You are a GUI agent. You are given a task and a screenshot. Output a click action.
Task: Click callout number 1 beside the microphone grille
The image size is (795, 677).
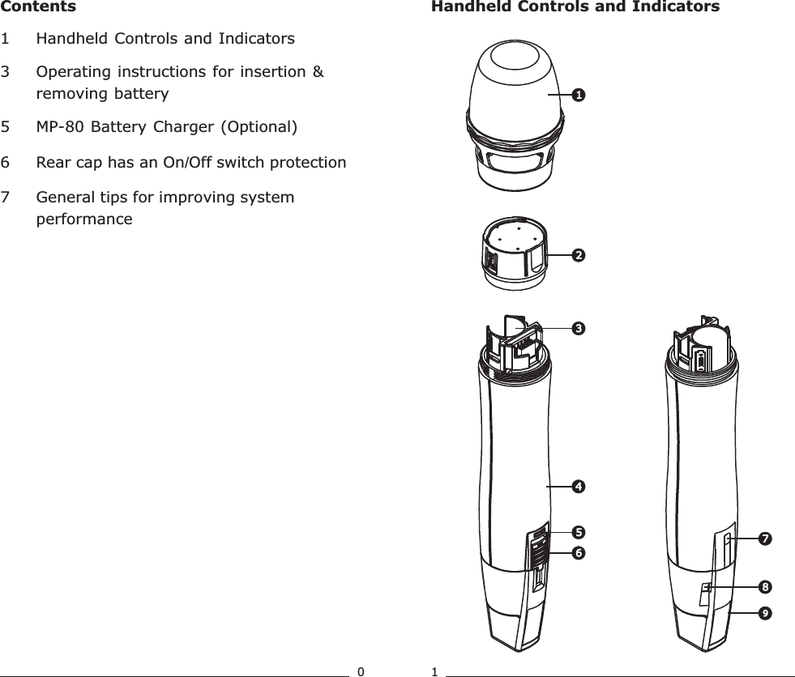[x=579, y=95]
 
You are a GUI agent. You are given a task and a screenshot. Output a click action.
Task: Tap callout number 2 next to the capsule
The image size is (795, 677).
[x=579, y=255]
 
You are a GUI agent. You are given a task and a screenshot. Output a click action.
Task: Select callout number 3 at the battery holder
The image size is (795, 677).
[x=579, y=328]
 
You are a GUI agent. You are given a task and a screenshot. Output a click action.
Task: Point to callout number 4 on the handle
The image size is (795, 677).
[x=579, y=487]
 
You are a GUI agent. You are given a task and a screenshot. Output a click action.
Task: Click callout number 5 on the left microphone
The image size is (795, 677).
[x=579, y=532]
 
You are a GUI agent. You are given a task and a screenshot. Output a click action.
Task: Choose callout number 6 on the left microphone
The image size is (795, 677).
[x=579, y=552]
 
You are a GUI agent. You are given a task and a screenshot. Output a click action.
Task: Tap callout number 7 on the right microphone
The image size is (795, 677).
[x=764, y=538]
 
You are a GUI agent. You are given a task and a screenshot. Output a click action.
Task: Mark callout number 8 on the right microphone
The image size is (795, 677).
[x=764, y=585]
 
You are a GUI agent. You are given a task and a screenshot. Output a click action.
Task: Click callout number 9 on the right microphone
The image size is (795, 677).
[x=764, y=614]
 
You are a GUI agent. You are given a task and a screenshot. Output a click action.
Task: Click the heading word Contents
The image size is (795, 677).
[x=38, y=7]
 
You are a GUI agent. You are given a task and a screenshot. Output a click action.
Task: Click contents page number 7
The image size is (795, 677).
[x=6, y=198]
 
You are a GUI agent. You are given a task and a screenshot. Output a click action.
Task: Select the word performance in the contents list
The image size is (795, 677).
[x=84, y=219]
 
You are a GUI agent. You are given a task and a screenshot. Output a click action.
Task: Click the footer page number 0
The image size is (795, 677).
[x=361, y=671]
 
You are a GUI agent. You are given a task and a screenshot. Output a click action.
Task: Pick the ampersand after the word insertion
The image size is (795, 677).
[x=318, y=72]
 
